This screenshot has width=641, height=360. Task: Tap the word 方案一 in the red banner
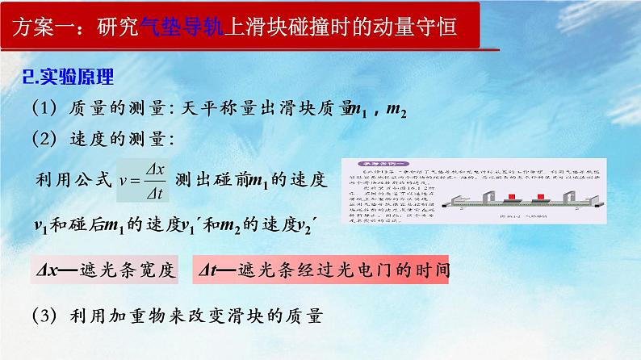[x=43, y=29]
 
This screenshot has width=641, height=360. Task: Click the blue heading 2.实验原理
[x=69, y=77]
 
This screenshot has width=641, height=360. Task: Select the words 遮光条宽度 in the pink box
[x=131, y=270]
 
